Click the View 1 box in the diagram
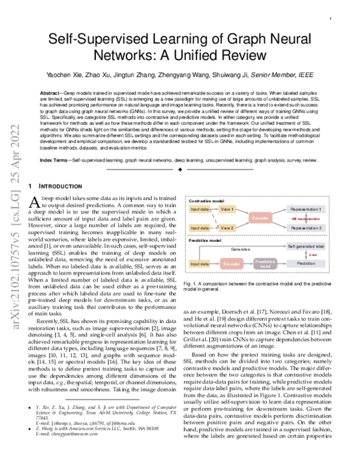(x=227, y=209)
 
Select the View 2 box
(x=227, y=228)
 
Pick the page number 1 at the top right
(x=331, y=19)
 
